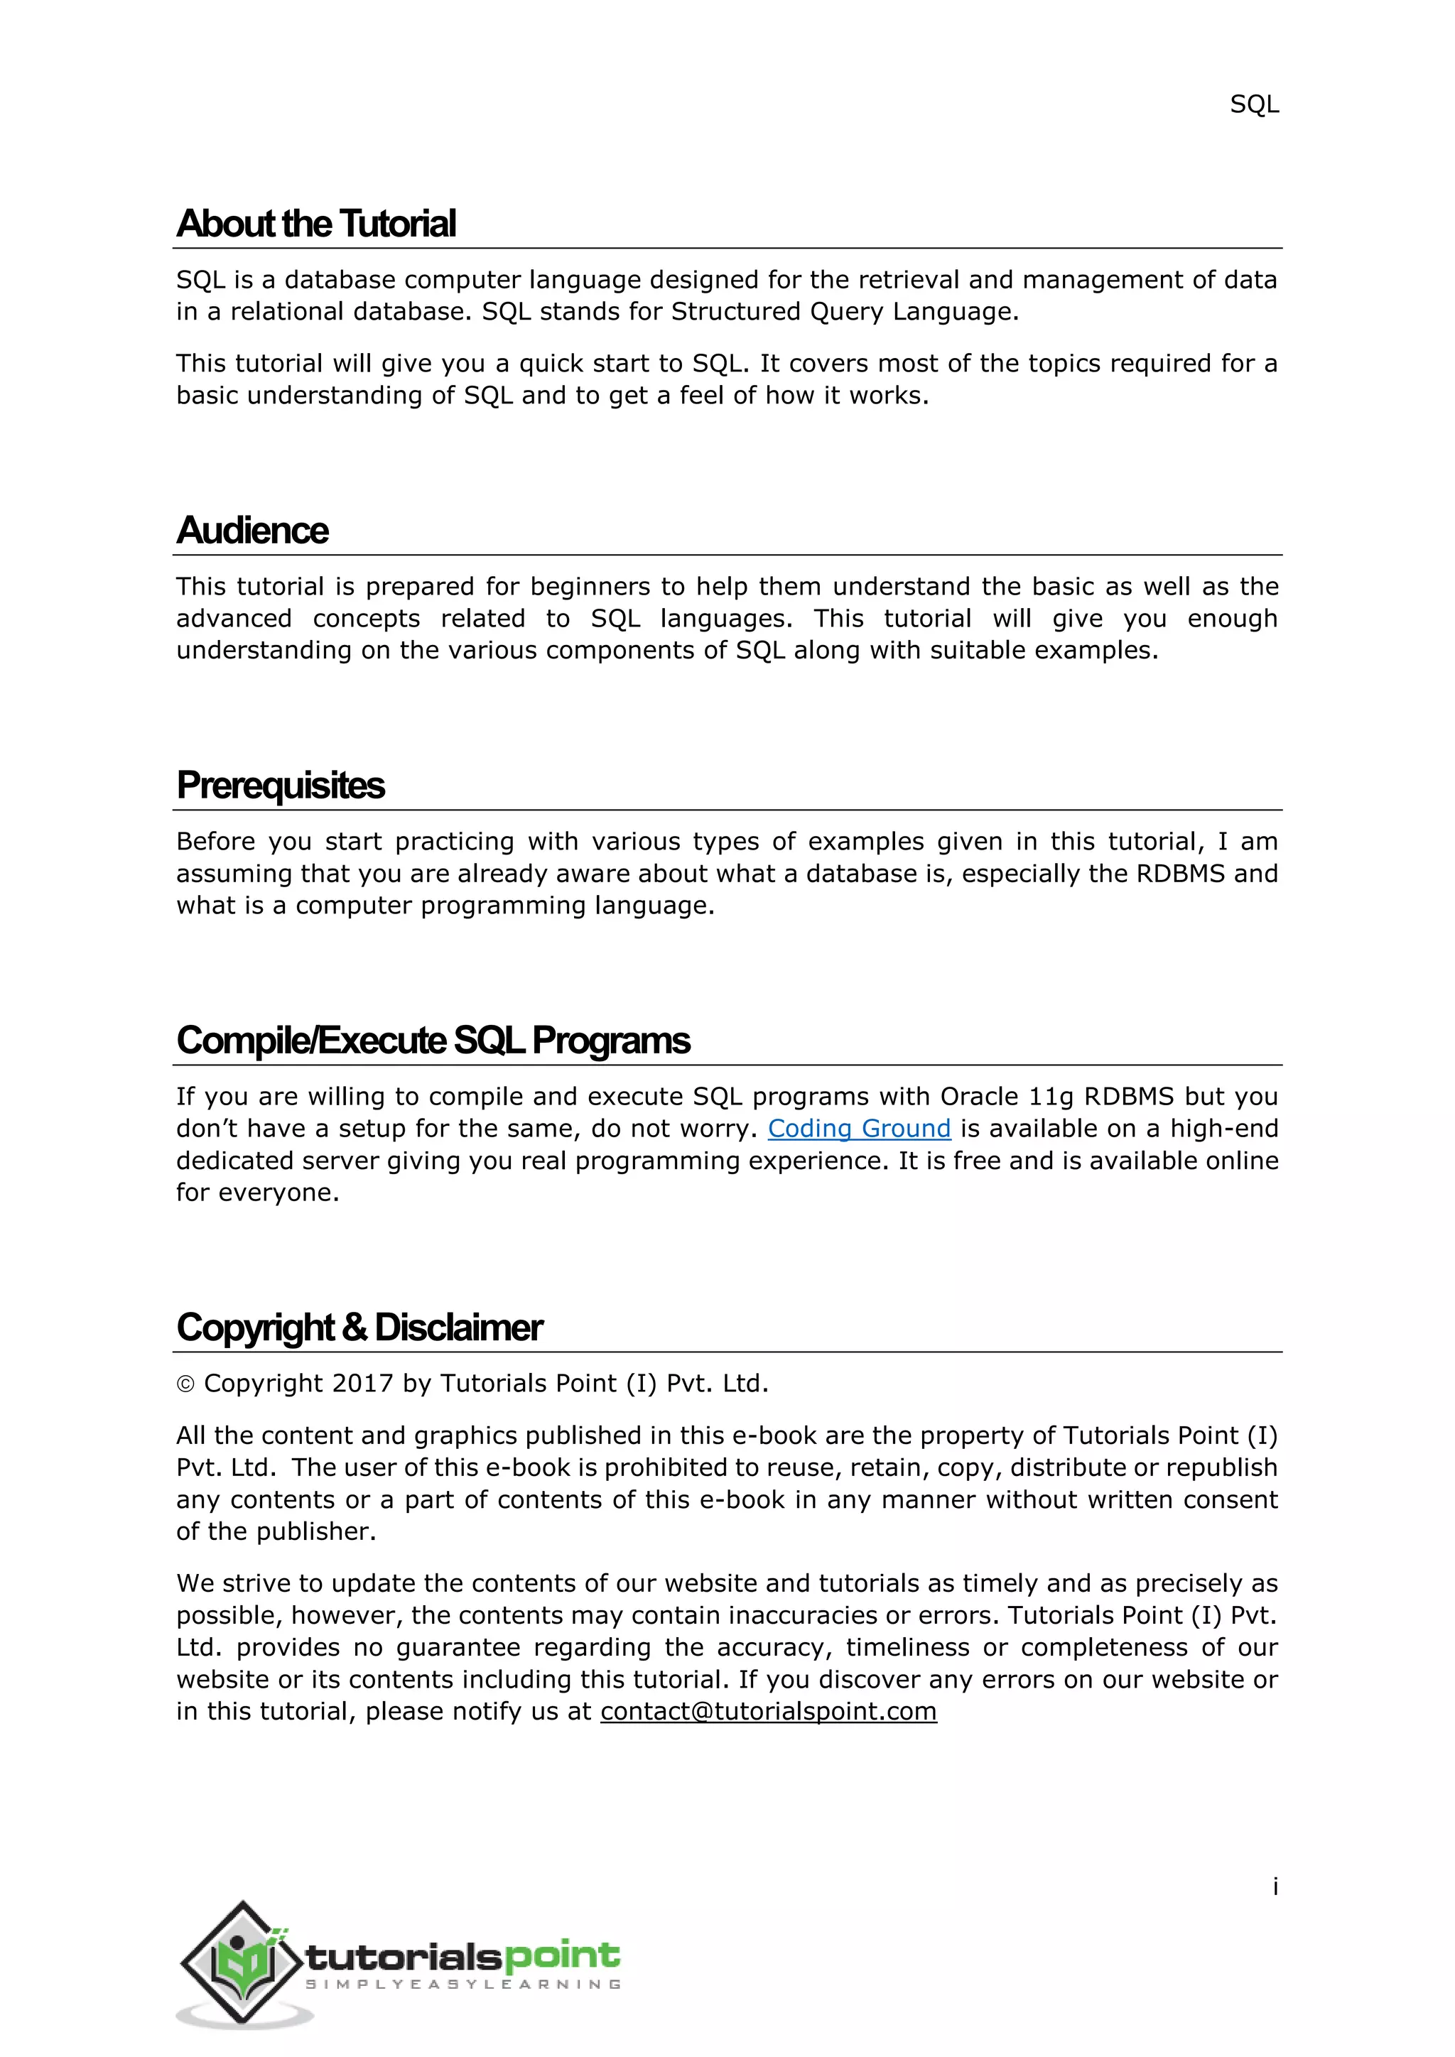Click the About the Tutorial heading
pyautogui.click(x=316, y=224)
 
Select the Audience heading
pyautogui.click(x=253, y=531)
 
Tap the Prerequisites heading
pyautogui.click(x=281, y=786)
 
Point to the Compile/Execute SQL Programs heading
pyautogui.click(x=433, y=1041)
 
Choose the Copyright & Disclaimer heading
pyautogui.click(x=359, y=1328)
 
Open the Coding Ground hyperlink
pyautogui.click(x=858, y=1129)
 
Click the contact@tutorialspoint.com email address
pyautogui.click(x=768, y=1711)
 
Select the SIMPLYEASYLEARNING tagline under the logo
pyautogui.click(x=463, y=1985)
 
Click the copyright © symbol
pyautogui.click(x=185, y=1385)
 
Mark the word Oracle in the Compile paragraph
pyautogui.click(x=978, y=1097)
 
